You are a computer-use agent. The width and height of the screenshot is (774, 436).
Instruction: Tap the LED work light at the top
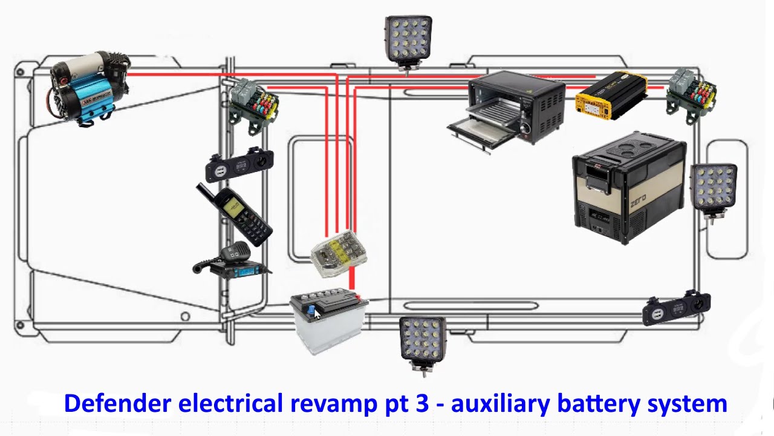click(x=408, y=40)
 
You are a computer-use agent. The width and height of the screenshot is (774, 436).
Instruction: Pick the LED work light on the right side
click(x=714, y=188)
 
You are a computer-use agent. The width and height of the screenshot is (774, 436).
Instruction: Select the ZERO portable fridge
click(x=629, y=188)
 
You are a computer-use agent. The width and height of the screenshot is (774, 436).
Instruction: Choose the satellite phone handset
click(x=235, y=215)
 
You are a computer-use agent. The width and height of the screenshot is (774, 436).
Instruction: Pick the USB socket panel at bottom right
click(x=676, y=308)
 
